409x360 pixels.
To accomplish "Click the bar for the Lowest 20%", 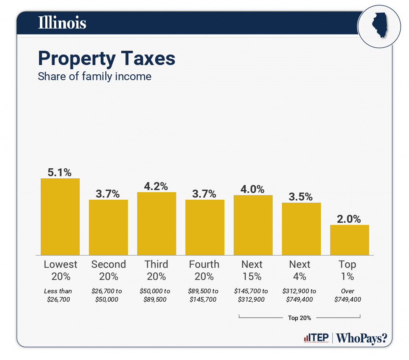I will [x=60, y=217].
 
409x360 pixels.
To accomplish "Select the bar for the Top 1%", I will [x=349, y=240].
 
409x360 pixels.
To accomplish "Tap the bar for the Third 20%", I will [x=156, y=224].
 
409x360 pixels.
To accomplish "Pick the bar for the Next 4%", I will [x=301, y=229].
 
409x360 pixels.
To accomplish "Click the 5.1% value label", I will [x=60, y=172].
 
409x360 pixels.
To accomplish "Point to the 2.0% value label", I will [x=349, y=219].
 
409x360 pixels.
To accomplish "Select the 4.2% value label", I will [x=156, y=186].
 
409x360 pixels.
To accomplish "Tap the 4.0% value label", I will [x=253, y=189].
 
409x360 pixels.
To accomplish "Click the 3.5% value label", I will [x=301, y=196].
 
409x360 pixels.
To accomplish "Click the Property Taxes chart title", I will [x=107, y=59].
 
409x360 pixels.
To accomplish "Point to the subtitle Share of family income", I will [x=94, y=77].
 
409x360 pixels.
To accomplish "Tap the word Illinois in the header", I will [x=62, y=23].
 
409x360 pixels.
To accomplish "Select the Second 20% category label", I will [x=108, y=270].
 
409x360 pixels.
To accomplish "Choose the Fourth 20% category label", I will [x=204, y=270].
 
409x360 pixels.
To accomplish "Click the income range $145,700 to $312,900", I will [x=253, y=295].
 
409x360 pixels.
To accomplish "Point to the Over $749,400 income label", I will [x=348, y=295].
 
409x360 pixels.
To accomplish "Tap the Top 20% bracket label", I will [x=300, y=318].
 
